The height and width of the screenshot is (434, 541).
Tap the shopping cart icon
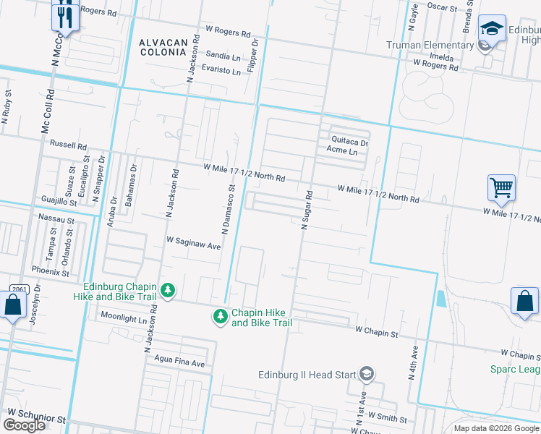[x=501, y=188]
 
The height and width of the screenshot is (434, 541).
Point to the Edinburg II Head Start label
[x=307, y=374]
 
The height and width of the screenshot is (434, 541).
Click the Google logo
[x=24, y=425]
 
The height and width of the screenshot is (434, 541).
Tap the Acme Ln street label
[x=341, y=151]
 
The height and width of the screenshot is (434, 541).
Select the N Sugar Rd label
[x=306, y=210]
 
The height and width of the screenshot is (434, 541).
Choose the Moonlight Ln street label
[x=124, y=316]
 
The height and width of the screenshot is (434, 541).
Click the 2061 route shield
[x=19, y=289]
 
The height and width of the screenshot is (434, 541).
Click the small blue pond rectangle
[x=441, y=299]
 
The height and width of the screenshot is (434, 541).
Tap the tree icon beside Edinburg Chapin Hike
[x=168, y=290]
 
